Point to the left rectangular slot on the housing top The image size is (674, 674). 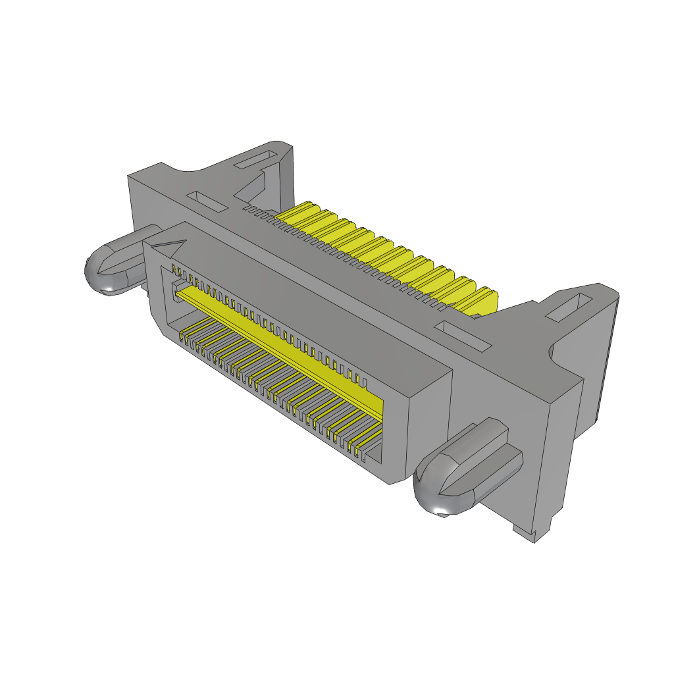[207, 201]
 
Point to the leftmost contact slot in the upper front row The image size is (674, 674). [174, 269]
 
